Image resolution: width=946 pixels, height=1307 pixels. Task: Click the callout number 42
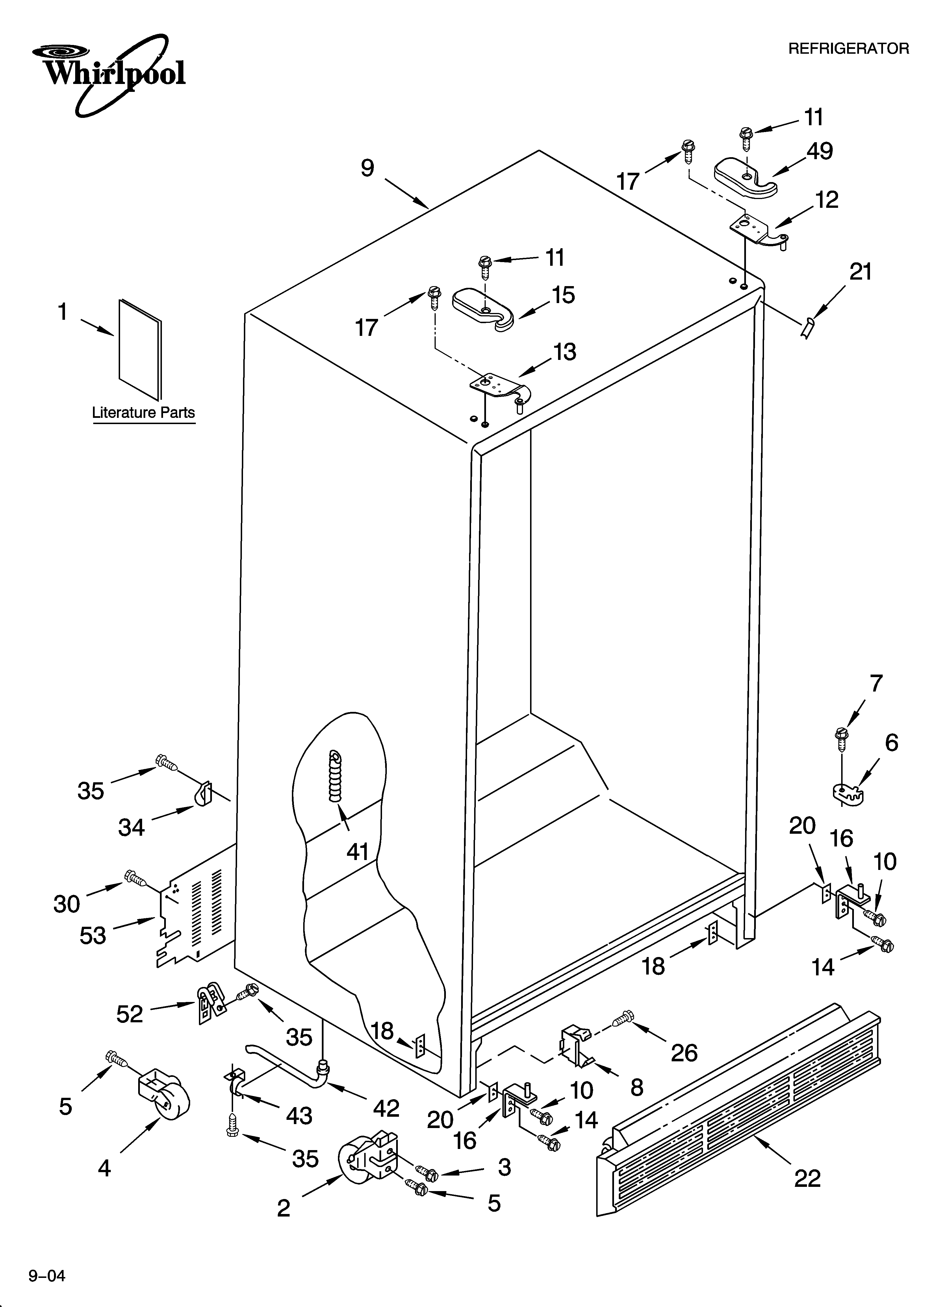pyautogui.click(x=386, y=1108)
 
